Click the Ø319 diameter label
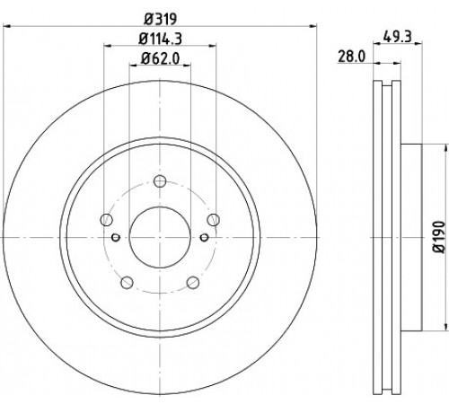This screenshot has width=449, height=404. (161, 19)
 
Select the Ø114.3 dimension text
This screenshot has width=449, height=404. (160, 39)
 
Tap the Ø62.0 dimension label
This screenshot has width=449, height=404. (160, 58)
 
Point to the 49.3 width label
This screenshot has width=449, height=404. (398, 37)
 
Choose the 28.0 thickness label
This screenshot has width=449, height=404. (352, 57)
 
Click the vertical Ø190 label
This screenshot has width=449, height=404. (440, 237)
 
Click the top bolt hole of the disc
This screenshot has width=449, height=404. (160, 181)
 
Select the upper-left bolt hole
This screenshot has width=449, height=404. (106, 220)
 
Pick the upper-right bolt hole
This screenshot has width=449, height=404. (214, 220)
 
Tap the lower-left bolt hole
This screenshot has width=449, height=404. (127, 283)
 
